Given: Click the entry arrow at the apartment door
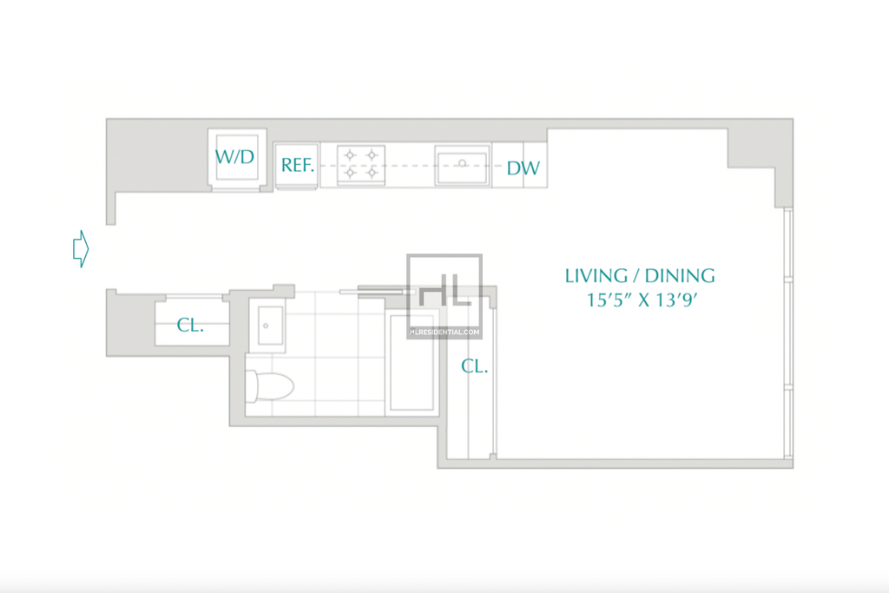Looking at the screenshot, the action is (x=81, y=249).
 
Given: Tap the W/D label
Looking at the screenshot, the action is (x=234, y=156).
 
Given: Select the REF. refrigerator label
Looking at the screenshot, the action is (x=298, y=165).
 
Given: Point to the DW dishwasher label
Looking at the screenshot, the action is (x=523, y=168).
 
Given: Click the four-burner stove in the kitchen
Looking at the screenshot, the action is (x=361, y=164).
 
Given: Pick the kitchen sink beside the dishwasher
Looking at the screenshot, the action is (x=462, y=165).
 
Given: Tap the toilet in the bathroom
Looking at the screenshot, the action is (x=270, y=386).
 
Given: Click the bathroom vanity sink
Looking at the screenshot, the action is (x=267, y=326).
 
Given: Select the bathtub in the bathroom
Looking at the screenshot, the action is (x=412, y=362).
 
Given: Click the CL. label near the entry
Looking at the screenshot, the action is (x=190, y=325).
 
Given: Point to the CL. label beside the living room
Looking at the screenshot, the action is (x=475, y=366).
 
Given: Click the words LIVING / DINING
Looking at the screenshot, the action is (x=640, y=275).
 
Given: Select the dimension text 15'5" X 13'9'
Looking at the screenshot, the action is (x=642, y=300).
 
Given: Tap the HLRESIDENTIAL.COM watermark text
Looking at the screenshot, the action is (x=444, y=333).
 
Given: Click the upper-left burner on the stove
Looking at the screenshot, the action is (x=350, y=155).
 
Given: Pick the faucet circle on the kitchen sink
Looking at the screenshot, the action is (x=463, y=163).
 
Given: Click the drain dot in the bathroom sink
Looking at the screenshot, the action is (x=266, y=326).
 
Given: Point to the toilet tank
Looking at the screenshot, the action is (x=251, y=386).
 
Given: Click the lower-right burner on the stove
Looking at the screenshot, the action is (x=372, y=173).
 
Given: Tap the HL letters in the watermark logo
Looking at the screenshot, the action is (x=445, y=290).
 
